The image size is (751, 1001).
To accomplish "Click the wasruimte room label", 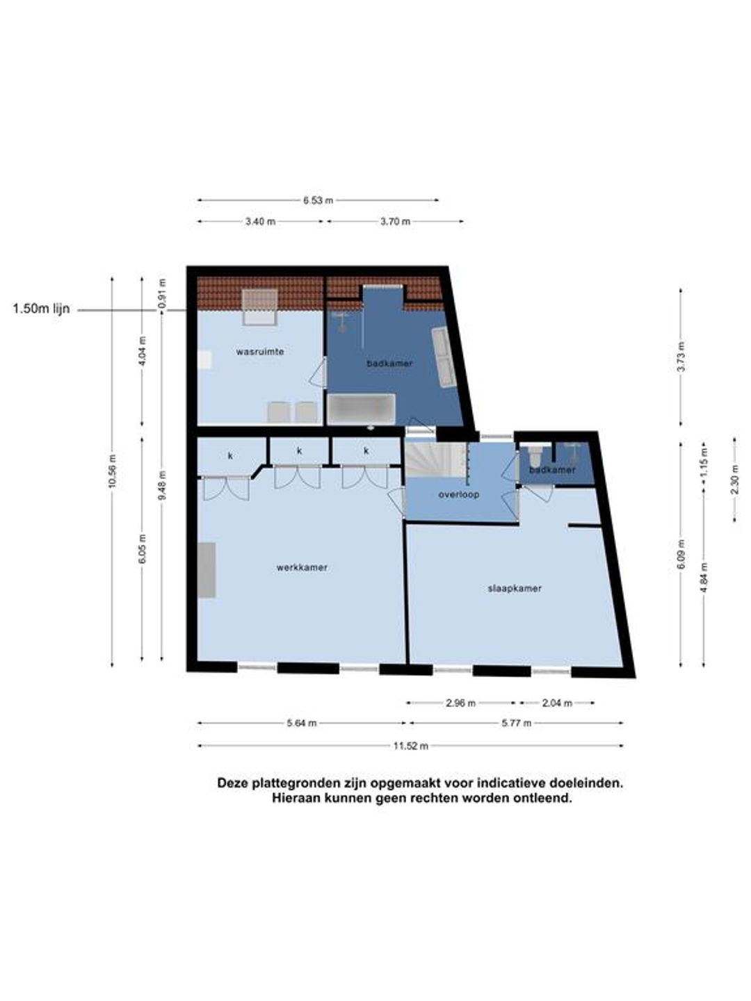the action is (x=260, y=352).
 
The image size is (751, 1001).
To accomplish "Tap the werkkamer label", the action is (x=302, y=568).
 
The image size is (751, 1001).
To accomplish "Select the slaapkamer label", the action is (x=515, y=588).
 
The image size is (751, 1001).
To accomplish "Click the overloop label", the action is (x=459, y=494).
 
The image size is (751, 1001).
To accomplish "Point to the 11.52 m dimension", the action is (x=411, y=746).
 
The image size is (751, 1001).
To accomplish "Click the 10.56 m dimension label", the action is (x=113, y=471).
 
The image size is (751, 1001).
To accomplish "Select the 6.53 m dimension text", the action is (x=318, y=200).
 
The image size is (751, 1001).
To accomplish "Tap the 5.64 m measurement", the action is (x=302, y=723).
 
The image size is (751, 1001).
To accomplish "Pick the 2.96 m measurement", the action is (x=460, y=703).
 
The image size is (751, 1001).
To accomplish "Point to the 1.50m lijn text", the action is (x=41, y=309).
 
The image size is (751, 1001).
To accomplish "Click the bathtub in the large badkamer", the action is (x=361, y=409).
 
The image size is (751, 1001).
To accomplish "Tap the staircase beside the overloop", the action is (x=437, y=459).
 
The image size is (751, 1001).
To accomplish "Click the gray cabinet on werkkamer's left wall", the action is (x=207, y=569).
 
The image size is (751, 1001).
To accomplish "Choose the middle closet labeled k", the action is (x=299, y=451).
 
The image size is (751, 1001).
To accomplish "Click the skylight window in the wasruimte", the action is (x=259, y=307).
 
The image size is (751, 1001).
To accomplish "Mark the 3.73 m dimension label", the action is (x=681, y=356).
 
